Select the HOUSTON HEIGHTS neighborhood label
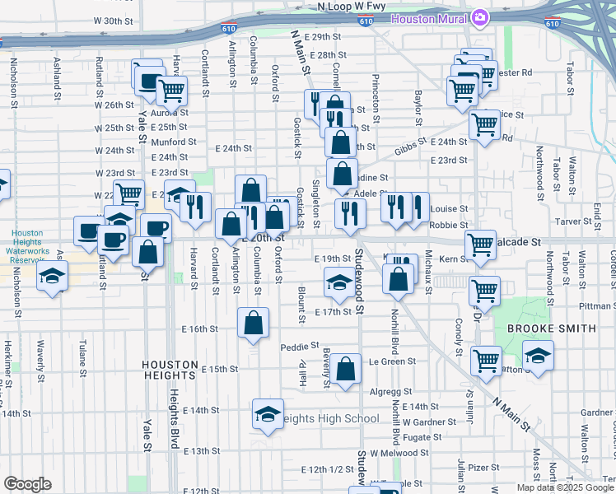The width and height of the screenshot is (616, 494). [x=170, y=365]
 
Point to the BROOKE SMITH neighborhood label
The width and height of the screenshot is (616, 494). [x=551, y=329]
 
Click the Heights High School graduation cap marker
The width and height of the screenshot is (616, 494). [x=267, y=416]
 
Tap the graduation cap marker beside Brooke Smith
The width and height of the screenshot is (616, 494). [x=538, y=357]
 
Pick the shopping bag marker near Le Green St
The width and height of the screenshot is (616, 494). [x=347, y=370]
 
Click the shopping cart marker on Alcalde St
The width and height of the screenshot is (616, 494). [x=481, y=245]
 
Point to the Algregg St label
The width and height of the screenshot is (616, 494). [x=390, y=392]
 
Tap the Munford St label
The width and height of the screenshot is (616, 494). [x=173, y=142]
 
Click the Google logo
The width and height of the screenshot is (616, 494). [x=27, y=484]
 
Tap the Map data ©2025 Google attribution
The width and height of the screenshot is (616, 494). [x=565, y=487]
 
